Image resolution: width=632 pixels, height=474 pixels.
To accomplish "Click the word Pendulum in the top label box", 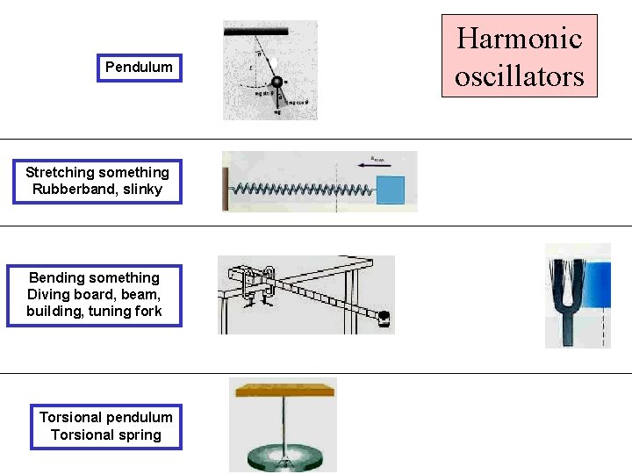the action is pos(139,67).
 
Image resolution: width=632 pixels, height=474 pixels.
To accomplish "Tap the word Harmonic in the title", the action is pos(519,39).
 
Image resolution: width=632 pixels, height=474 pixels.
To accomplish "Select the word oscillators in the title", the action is pos(519,76).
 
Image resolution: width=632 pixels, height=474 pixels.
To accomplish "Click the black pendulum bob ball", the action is pos(276,83).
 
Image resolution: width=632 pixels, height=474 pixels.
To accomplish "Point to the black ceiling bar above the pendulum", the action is pos(256,32).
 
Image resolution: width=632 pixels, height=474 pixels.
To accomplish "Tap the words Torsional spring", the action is pos(106,434).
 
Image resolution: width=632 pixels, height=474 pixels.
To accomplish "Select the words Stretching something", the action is pos(97,172).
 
